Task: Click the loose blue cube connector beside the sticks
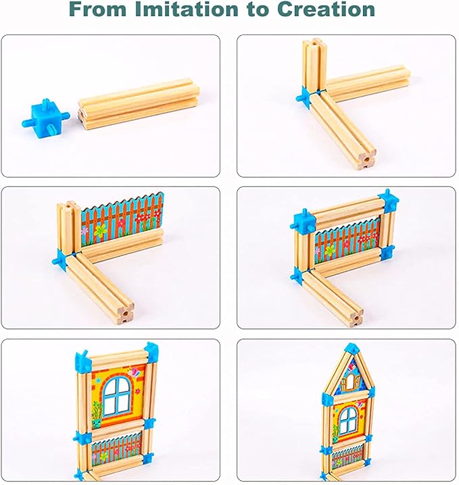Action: tap(46, 116)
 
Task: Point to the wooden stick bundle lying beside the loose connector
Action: tap(139, 105)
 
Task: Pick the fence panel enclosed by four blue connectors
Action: tap(347, 236)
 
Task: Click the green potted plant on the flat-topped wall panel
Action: tap(97, 411)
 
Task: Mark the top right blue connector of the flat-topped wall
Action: tap(149, 351)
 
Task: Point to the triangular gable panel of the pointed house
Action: tap(351, 376)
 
